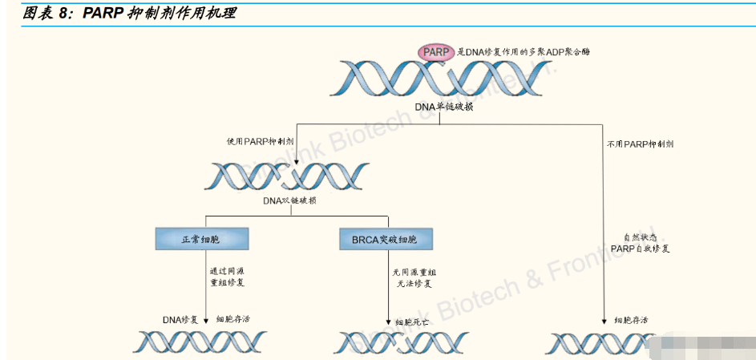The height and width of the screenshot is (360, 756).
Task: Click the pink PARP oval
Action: [435, 52]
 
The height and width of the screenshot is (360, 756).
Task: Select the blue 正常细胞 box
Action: [203, 239]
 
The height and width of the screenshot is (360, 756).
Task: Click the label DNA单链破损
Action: [444, 107]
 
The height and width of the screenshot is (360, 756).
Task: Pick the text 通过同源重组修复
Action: [228, 277]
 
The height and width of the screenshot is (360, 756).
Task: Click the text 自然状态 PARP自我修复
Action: [639, 243]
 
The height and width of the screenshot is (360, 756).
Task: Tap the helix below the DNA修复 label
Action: [200, 342]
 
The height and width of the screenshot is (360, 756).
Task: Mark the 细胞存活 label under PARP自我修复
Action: [631, 320]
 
